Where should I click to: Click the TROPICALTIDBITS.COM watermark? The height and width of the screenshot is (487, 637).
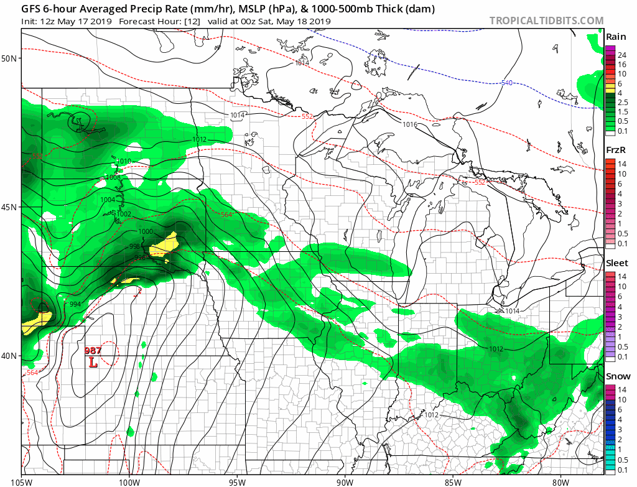(546, 21)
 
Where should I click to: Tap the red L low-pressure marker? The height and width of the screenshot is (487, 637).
(93, 361)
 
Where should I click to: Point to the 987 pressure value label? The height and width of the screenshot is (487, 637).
(93, 351)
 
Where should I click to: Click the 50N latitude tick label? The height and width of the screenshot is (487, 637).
(9, 58)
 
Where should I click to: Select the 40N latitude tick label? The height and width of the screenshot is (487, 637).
(9, 356)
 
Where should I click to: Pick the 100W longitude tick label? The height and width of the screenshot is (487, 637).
(129, 481)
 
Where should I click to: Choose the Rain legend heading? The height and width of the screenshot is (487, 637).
(616, 37)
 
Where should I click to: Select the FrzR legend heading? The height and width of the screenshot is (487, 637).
(616, 151)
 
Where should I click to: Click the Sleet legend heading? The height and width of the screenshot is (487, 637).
(617, 263)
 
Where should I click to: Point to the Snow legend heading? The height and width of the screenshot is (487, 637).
(617, 376)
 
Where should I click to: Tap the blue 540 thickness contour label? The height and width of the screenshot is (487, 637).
(507, 83)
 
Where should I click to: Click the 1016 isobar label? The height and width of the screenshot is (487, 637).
(409, 124)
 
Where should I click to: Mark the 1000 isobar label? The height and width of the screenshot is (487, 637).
(146, 231)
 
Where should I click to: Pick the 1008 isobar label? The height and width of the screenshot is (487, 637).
(113, 177)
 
